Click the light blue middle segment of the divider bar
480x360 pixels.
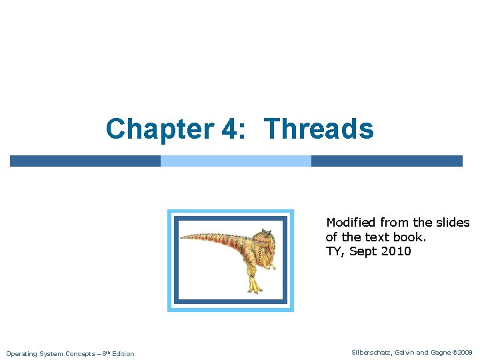point(236,161)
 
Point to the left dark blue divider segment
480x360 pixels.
point(85,161)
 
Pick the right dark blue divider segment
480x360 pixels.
point(387,161)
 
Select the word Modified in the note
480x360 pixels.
point(351,223)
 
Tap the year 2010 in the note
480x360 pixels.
point(397,251)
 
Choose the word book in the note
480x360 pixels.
point(409,237)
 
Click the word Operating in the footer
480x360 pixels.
point(22,353)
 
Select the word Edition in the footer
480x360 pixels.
point(123,353)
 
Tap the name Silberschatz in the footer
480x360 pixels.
point(372,352)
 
